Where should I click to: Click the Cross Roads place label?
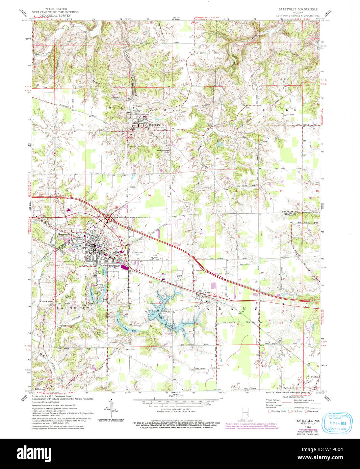(x=47, y=301)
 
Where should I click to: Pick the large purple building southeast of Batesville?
(x=124, y=268)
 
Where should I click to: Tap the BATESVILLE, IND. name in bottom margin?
(x=308, y=421)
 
